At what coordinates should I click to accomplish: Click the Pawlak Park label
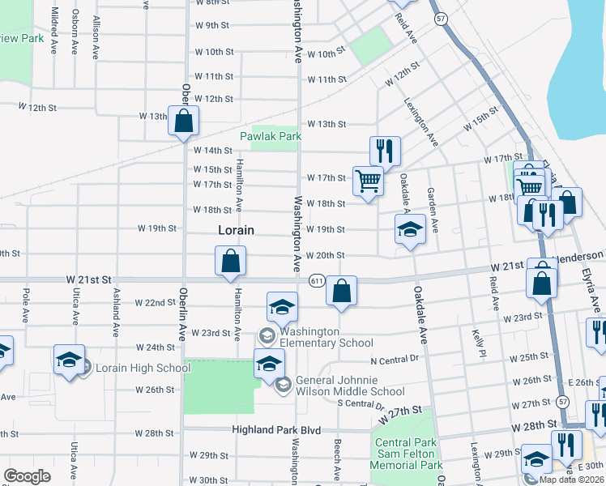pyautogui.click(x=271, y=136)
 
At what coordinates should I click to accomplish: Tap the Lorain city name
pyautogui.click(x=236, y=230)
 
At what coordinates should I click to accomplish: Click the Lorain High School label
pyautogui.click(x=143, y=368)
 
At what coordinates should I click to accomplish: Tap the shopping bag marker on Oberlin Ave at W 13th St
pyautogui.click(x=184, y=121)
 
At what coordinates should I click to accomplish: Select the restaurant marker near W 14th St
pyautogui.click(x=385, y=151)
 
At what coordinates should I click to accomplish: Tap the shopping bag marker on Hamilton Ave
pyautogui.click(x=231, y=261)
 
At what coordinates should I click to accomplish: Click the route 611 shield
pyautogui.click(x=316, y=280)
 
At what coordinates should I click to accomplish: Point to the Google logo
pyautogui.click(x=27, y=476)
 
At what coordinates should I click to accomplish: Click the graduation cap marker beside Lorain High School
pyautogui.click(x=69, y=360)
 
